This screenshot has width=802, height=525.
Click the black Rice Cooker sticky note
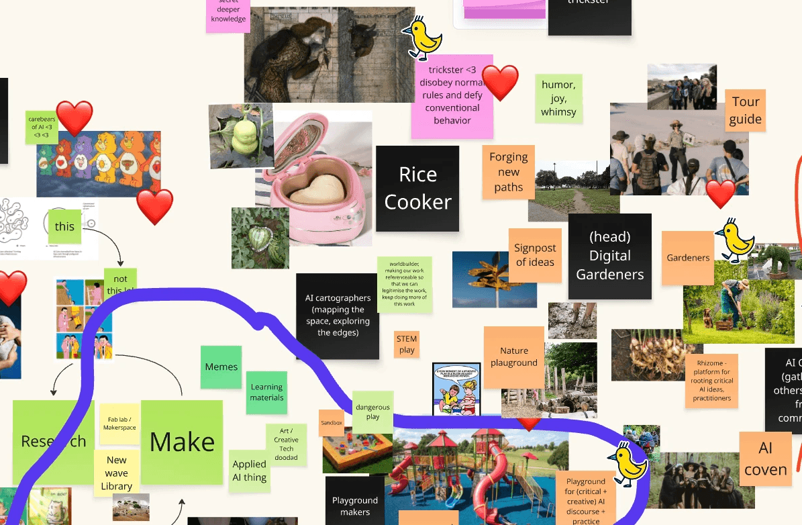pyautogui.click(x=417, y=189)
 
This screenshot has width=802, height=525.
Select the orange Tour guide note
pyautogui.click(x=745, y=110)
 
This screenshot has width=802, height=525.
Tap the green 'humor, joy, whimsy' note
pyautogui.click(x=558, y=98)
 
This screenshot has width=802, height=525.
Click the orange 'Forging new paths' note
pyautogui.click(x=508, y=172)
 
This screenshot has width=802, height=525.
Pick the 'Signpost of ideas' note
pyautogui.click(x=535, y=255)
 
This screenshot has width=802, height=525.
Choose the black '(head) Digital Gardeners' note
pyautogui.click(x=609, y=256)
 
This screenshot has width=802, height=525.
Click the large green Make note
pyautogui.click(x=182, y=442)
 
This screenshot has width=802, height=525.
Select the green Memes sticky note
pyautogui.click(x=221, y=367)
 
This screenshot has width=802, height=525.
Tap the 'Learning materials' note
pyautogui.click(x=266, y=392)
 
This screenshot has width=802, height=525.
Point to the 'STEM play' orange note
pyautogui.click(x=407, y=344)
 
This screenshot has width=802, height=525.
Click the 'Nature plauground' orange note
pyautogui.click(x=513, y=356)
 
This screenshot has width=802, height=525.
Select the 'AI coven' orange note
pyautogui.click(x=765, y=459)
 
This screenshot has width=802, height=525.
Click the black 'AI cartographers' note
pyautogui.click(x=337, y=316)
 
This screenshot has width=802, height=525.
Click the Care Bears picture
pyautogui.click(x=99, y=163)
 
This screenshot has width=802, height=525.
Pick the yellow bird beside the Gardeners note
pyautogui.click(x=736, y=240)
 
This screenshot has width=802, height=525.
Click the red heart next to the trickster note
pyautogui.click(x=501, y=83)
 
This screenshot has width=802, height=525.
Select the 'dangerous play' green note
pyautogui.click(x=372, y=412)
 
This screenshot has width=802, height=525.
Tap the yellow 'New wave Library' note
pyautogui.click(x=116, y=473)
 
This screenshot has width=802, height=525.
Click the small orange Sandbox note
pyautogui.click(x=332, y=423)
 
